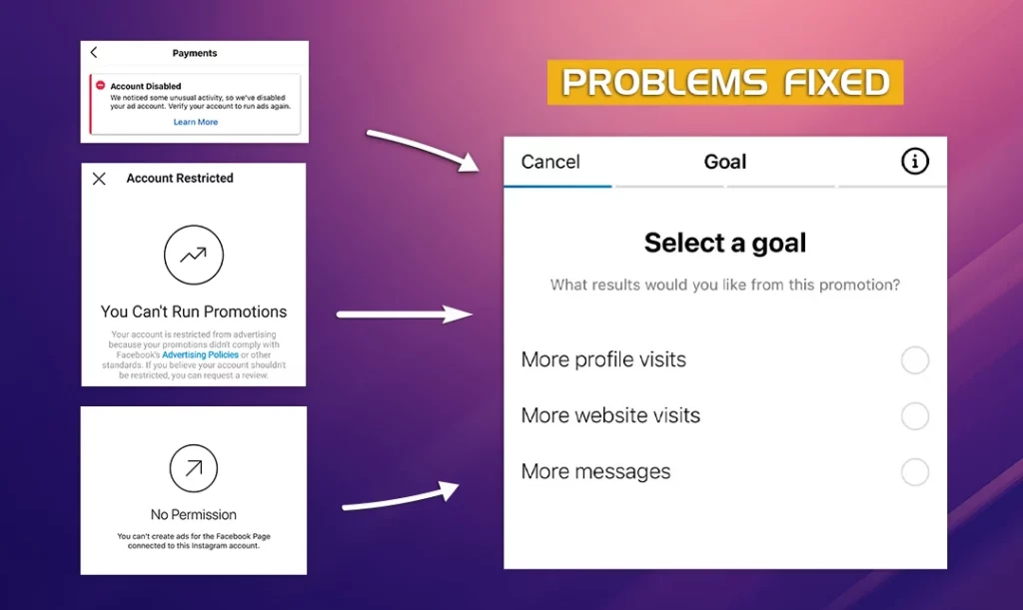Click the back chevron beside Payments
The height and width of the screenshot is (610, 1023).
point(94,52)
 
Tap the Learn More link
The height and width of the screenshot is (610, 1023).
point(196,122)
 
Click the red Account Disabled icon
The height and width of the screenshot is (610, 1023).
point(101,86)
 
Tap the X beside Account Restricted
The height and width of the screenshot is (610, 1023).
point(99,179)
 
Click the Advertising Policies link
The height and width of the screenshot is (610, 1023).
point(200,355)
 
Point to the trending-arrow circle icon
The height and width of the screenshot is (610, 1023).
point(194,226)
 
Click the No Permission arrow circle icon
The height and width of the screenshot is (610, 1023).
point(194,445)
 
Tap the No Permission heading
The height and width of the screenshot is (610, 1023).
point(194,515)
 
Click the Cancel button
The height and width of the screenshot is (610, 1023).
point(550,162)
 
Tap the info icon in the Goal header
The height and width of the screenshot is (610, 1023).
point(915,161)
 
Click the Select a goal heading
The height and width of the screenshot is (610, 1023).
point(725,243)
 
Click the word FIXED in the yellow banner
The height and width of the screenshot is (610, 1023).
point(836,82)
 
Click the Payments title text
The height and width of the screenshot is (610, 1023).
point(195,53)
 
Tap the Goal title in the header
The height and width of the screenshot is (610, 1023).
point(725,162)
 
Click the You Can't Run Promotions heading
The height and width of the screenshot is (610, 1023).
point(194,311)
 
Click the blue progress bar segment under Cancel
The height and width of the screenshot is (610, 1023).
point(557,187)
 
